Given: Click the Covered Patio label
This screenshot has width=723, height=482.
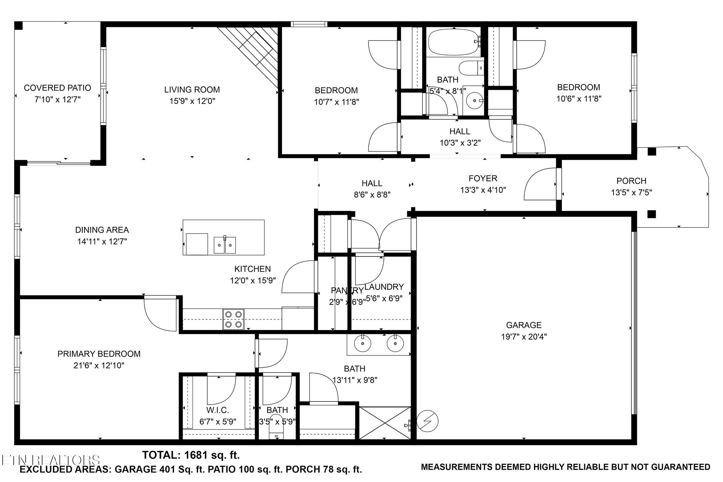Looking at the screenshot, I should pyautogui.click(x=58, y=88).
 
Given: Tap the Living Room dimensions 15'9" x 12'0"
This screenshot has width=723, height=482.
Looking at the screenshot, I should pyautogui.click(x=192, y=101).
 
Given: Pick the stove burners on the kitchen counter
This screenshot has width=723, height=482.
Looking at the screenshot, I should pyautogui.click(x=233, y=319).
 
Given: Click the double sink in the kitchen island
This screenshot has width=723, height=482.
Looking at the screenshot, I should pyautogui.click(x=225, y=245).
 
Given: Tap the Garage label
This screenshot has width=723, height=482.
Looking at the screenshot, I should pyautogui.click(x=523, y=325).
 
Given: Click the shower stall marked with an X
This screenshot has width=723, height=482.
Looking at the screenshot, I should pyautogui.click(x=385, y=423).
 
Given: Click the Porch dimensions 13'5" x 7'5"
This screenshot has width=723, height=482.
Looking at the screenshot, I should pyautogui.click(x=631, y=193).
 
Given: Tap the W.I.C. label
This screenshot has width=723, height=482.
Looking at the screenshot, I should pyautogui.click(x=217, y=410).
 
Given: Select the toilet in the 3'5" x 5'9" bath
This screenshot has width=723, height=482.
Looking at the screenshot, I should pyautogui.click(x=276, y=429).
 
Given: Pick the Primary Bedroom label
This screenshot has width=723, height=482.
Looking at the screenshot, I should pyautogui.click(x=99, y=354).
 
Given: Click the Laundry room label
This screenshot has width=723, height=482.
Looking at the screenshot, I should pyautogui.click(x=384, y=287).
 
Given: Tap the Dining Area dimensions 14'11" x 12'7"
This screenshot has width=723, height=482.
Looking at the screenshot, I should pyautogui.click(x=102, y=242).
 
